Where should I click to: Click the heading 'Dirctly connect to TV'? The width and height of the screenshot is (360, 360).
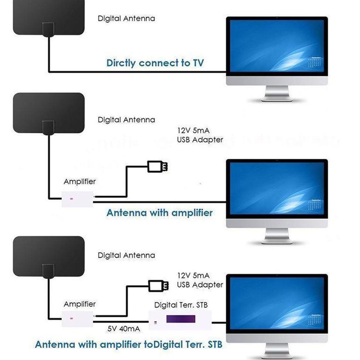pyautogui.click(x=155, y=63)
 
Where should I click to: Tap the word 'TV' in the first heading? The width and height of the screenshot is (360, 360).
pyautogui.click(x=197, y=63)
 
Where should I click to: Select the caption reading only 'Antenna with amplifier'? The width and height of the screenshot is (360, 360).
pyautogui.click(x=159, y=213)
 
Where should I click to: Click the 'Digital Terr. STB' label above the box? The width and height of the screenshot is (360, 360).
pyautogui.click(x=181, y=305)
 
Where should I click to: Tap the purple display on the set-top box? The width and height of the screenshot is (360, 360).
pyautogui.click(x=180, y=319)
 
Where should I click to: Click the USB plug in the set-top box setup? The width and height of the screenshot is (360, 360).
pyautogui.click(x=159, y=286)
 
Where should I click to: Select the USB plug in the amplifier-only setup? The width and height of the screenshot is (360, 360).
pyautogui.click(x=157, y=167)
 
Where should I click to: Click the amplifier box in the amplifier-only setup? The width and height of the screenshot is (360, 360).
pyautogui.click(x=77, y=199)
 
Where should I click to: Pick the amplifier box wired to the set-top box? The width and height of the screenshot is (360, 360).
pyautogui.click(x=77, y=318)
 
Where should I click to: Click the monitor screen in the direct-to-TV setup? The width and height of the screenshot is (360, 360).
pyautogui.click(x=277, y=46)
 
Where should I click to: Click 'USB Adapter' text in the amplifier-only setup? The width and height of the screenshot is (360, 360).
pyautogui.click(x=200, y=140)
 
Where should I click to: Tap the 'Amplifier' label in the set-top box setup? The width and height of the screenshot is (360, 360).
pyautogui.click(x=79, y=304)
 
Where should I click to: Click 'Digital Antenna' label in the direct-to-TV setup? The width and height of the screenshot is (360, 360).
pyautogui.click(x=126, y=18)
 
